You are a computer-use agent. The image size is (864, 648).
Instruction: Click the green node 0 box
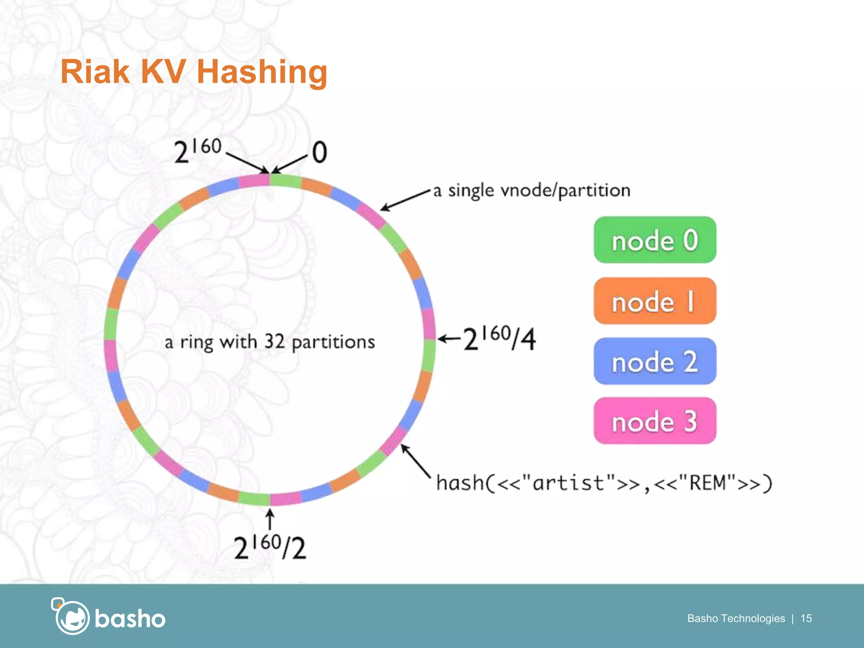click(655, 240)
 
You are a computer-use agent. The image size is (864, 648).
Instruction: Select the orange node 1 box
click(655, 301)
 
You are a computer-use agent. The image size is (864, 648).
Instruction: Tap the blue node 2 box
click(655, 361)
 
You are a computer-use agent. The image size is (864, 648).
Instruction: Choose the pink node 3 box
click(655, 421)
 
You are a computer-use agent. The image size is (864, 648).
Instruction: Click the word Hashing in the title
click(262, 72)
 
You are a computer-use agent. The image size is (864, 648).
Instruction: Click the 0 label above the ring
click(319, 152)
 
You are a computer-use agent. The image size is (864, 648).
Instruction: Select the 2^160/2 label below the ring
click(270, 547)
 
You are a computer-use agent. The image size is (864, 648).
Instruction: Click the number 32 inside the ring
click(274, 341)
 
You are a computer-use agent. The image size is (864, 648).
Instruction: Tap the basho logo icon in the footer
click(70, 616)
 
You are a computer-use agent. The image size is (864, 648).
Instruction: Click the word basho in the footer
click(130, 619)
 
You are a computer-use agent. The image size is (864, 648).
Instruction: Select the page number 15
click(806, 618)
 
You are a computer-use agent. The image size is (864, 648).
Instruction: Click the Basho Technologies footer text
click(736, 618)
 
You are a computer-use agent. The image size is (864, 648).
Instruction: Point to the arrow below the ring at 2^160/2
click(270, 519)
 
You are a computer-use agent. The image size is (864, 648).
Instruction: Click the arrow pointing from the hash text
click(415, 461)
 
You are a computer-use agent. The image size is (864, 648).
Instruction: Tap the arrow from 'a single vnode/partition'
click(405, 200)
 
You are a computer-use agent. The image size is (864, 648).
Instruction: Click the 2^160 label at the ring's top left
click(197, 151)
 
